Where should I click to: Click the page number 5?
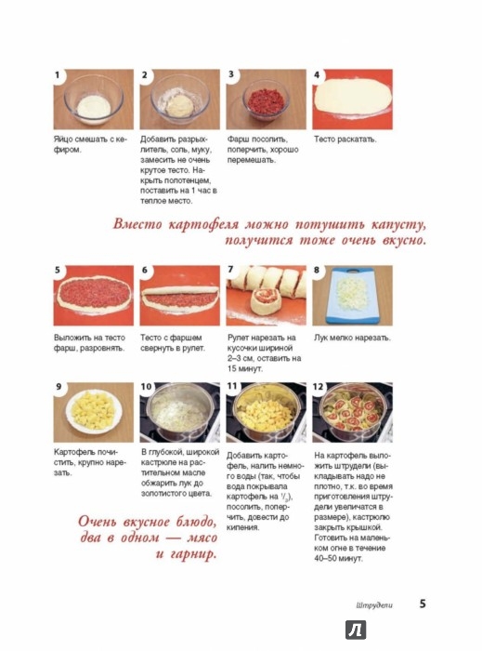pyautogui.click(x=423, y=604)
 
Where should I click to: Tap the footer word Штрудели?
pyautogui.click(x=374, y=605)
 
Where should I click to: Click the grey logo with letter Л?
pyautogui.click(x=356, y=630)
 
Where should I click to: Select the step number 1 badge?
pyautogui.click(x=58, y=75)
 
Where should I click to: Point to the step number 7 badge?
pyautogui.click(x=231, y=270)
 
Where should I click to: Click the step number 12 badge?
pyautogui.click(x=318, y=387)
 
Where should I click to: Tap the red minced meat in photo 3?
pyautogui.click(x=266, y=100)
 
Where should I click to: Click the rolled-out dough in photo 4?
pyautogui.click(x=353, y=98)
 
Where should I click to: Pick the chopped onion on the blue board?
pyautogui.click(x=350, y=292)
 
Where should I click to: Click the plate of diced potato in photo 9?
pyautogui.click(x=94, y=411)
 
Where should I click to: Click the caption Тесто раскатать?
pyautogui.click(x=345, y=139)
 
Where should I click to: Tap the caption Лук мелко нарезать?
pyautogui.click(x=352, y=338)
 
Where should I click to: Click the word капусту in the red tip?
pyautogui.click(x=398, y=225)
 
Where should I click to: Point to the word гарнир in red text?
pyautogui.click(x=194, y=554)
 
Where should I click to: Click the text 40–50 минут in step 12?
pyautogui.click(x=338, y=559)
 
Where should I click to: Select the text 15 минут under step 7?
pyautogui.click(x=244, y=368)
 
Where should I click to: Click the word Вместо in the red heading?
pyautogui.click(x=137, y=225)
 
